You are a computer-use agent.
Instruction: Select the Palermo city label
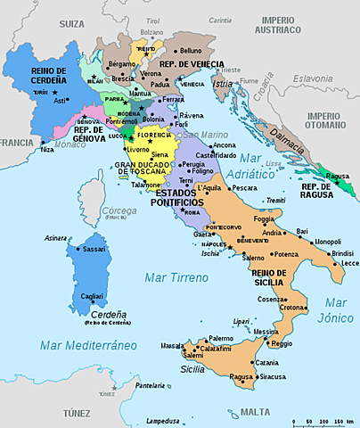click(x=196, y=339)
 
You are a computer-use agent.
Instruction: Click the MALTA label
click(x=255, y=412)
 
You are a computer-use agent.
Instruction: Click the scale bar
click(x=323, y=420)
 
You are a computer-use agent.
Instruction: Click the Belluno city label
click(x=191, y=51)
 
